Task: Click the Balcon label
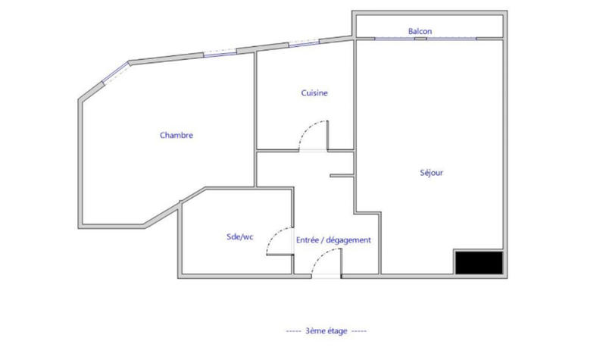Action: coord(420,31)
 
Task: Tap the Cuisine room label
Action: coord(314,93)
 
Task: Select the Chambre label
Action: coord(176,136)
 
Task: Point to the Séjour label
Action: coord(431,172)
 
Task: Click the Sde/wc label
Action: coord(239,237)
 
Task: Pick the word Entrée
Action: coord(308,240)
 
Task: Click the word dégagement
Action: coord(348,240)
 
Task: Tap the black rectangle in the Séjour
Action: coord(478,262)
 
